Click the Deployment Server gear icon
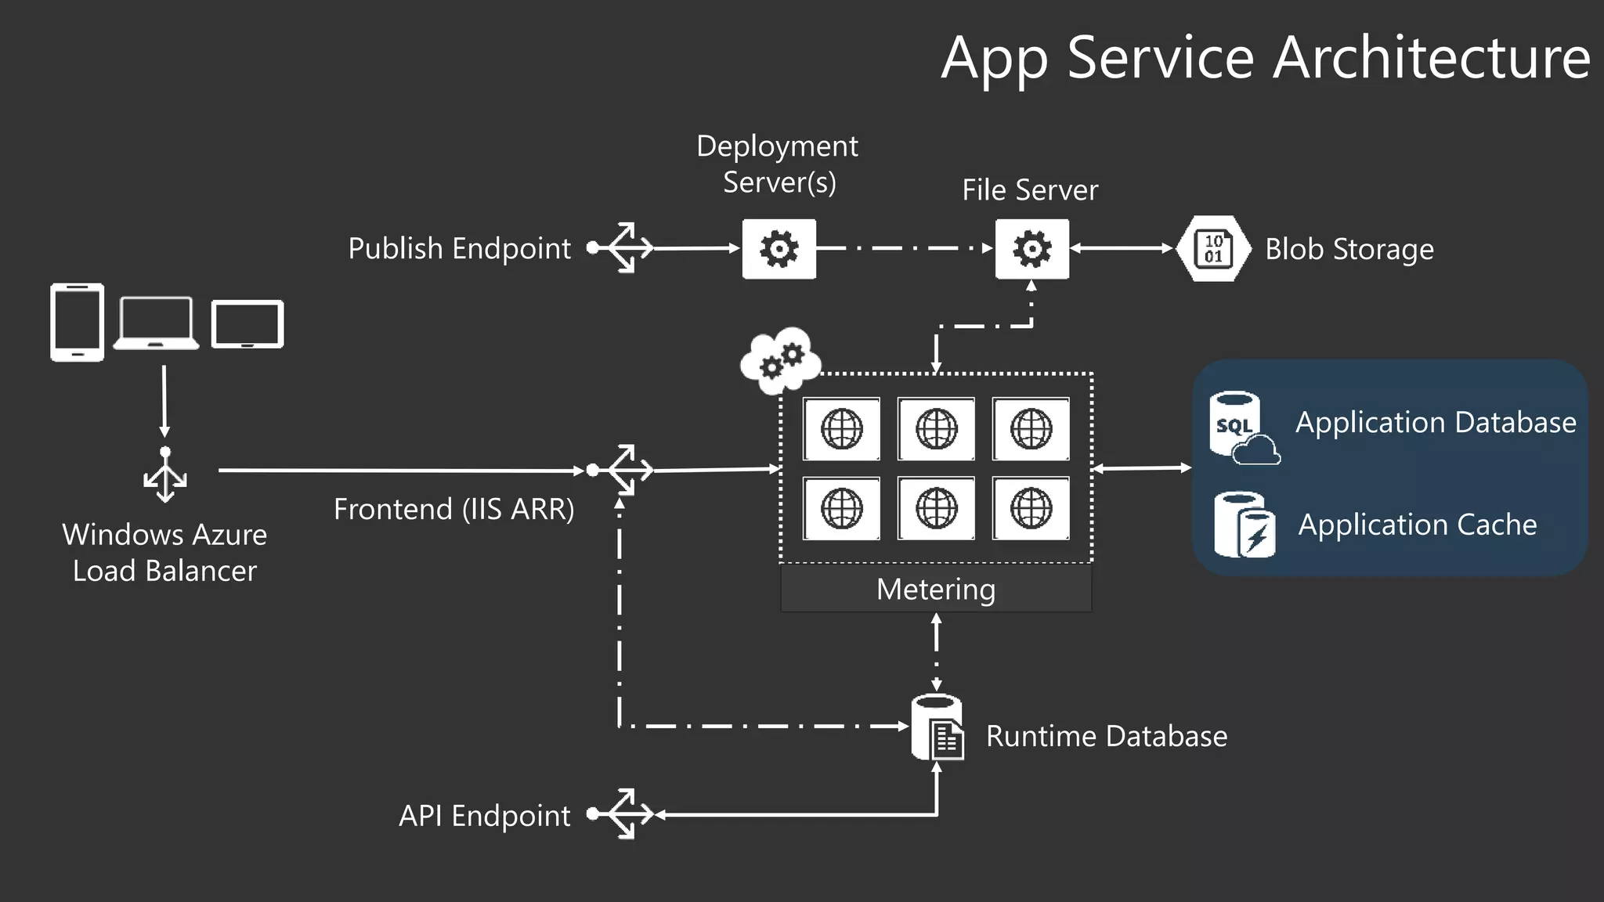point(779,249)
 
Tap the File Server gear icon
point(1031,249)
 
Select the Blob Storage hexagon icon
point(1213,249)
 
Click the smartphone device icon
point(77,322)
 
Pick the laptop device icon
point(156,323)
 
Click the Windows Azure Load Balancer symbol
point(164,474)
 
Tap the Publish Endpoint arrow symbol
point(623,247)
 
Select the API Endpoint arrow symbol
point(623,814)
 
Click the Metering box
point(936,589)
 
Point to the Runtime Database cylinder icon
point(937,727)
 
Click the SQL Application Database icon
point(1242,428)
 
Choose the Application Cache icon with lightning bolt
point(1244,525)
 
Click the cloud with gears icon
point(780,360)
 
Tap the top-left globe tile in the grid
point(841,429)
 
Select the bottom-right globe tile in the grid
point(1031,508)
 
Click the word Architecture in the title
point(1431,58)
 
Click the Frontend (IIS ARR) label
point(453,509)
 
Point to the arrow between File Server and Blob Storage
point(1122,248)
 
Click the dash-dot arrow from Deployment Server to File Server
point(905,248)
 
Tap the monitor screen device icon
point(247,323)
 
